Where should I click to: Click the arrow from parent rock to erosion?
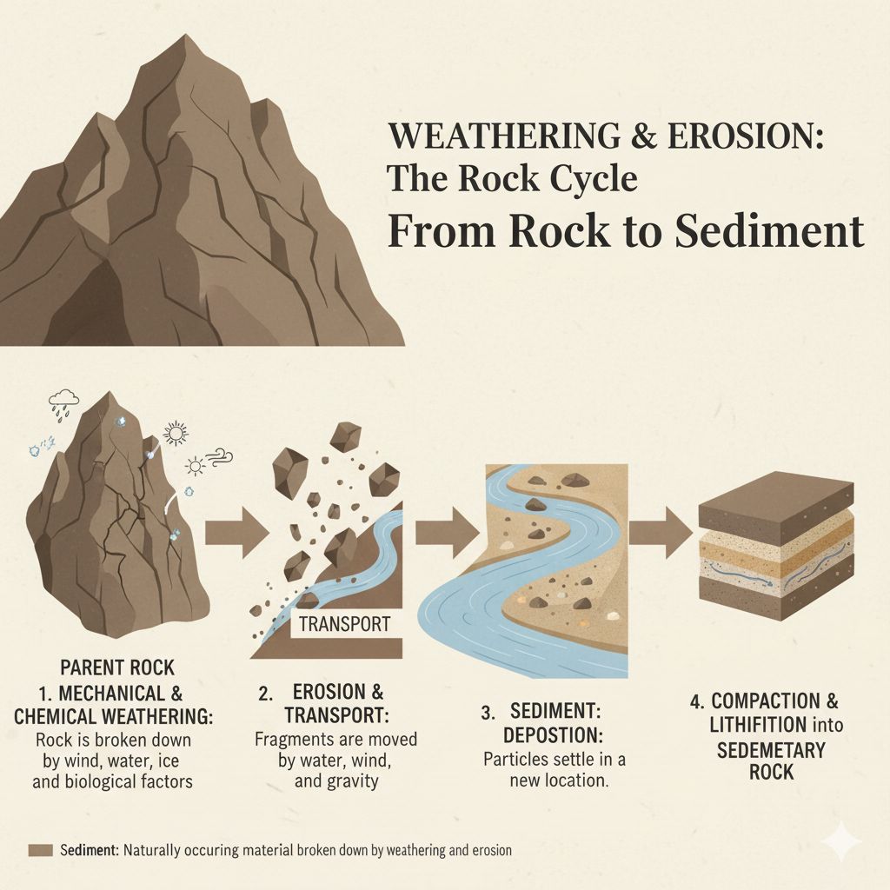237,533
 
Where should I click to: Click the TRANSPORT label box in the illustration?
344,623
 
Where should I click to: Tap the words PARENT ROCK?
117,668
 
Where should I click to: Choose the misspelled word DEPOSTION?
555,735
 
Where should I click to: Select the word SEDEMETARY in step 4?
771,749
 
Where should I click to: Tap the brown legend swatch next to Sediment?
41,850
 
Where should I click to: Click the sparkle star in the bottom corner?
840,841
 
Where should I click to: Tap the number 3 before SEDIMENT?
487,713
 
